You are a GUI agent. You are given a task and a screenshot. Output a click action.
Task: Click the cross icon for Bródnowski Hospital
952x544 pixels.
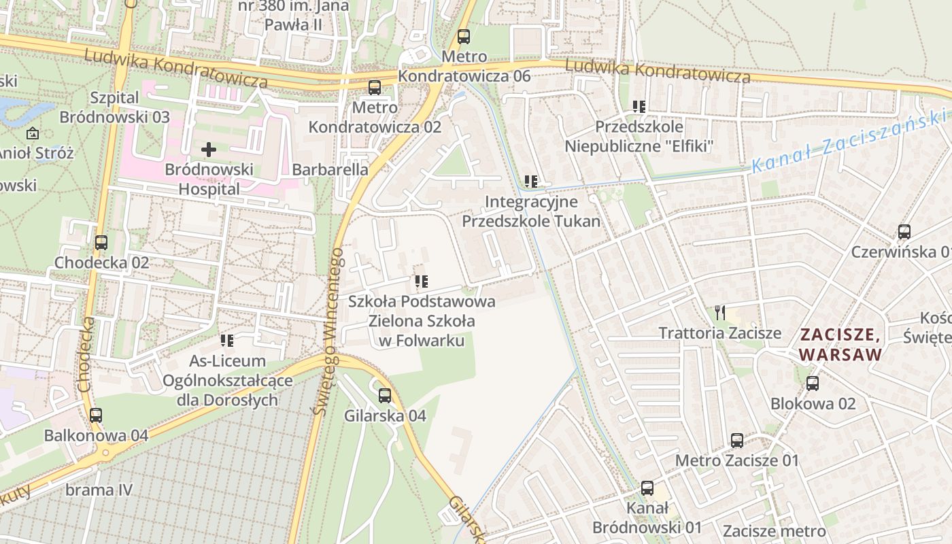point(209,149)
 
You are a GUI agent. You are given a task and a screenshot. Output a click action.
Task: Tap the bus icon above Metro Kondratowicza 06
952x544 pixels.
point(464,37)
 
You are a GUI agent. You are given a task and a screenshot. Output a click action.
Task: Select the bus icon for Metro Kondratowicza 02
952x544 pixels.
point(375,88)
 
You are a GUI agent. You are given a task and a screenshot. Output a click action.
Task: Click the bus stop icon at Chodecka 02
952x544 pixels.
point(101,243)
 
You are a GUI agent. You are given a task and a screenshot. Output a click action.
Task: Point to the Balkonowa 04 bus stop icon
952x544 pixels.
point(96,415)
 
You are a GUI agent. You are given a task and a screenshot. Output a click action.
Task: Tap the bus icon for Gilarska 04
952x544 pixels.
point(385,396)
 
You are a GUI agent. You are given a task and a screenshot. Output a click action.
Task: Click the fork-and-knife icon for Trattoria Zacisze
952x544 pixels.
point(720,313)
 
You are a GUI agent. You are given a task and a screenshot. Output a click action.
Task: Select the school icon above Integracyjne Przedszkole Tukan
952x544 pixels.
point(531,182)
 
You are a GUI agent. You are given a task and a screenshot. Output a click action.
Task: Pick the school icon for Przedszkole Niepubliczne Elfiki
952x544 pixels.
point(639,106)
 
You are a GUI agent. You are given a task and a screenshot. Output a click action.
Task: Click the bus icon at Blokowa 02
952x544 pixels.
point(813,384)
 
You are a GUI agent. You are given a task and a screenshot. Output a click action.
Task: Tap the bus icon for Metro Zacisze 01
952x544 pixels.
point(737,441)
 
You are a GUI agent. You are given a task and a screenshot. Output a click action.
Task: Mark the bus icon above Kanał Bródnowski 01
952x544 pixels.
point(647,488)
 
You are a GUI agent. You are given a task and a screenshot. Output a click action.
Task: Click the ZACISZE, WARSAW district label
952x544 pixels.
point(840,344)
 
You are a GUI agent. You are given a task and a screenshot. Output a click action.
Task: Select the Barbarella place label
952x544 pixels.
point(330,169)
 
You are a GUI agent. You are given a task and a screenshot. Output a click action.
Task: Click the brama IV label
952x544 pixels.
point(99,490)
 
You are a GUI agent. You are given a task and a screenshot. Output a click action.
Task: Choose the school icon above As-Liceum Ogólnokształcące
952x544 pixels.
point(227,340)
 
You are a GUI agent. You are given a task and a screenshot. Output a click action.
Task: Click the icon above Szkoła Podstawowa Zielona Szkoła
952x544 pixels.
point(422,281)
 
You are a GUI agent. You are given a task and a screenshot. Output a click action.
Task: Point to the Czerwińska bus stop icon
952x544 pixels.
point(904,232)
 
